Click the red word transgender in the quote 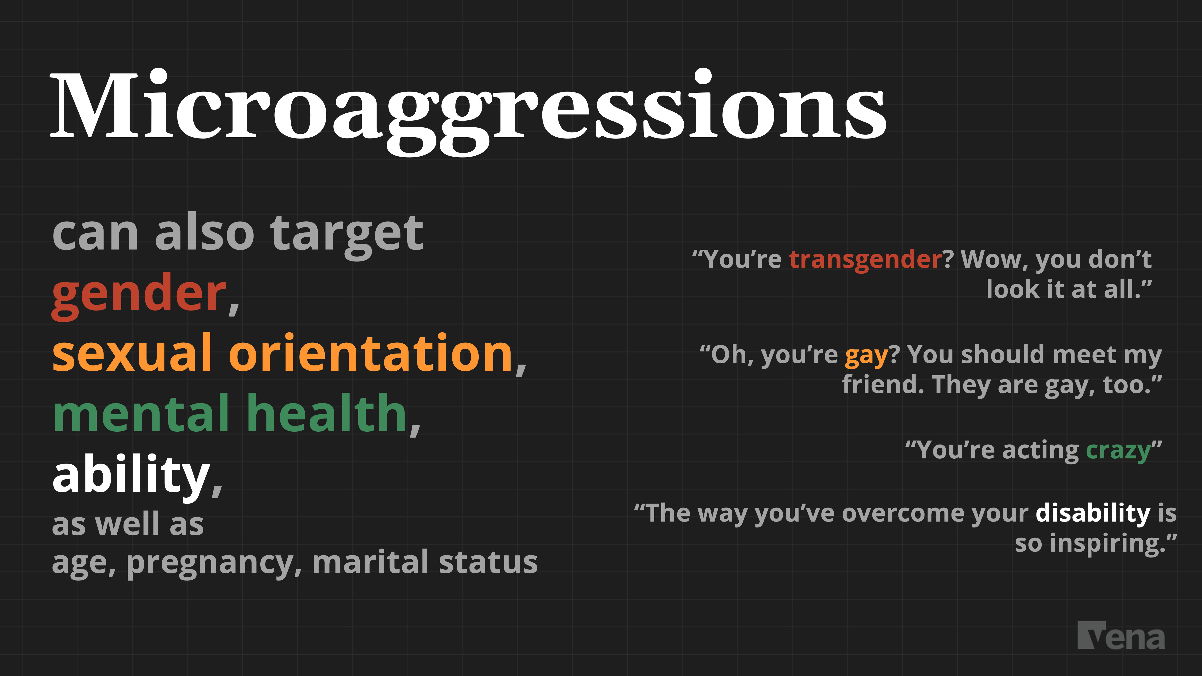[866, 259]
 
